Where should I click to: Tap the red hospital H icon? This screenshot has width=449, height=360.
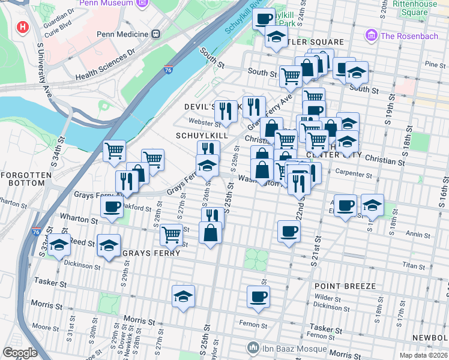tap(23, 28)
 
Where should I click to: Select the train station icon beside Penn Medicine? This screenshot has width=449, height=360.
tap(156, 34)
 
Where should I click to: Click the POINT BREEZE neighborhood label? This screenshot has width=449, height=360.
tap(345, 286)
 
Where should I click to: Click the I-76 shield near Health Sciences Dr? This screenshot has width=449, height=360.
tap(169, 71)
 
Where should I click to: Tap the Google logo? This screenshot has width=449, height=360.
tap(20, 353)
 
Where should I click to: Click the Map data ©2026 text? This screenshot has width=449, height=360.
tap(423, 355)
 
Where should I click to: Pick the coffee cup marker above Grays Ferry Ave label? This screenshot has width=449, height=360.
tap(112, 208)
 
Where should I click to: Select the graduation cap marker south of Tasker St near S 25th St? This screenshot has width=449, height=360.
tap(183, 296)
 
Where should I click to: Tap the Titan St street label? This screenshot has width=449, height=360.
tap(413, 265)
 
